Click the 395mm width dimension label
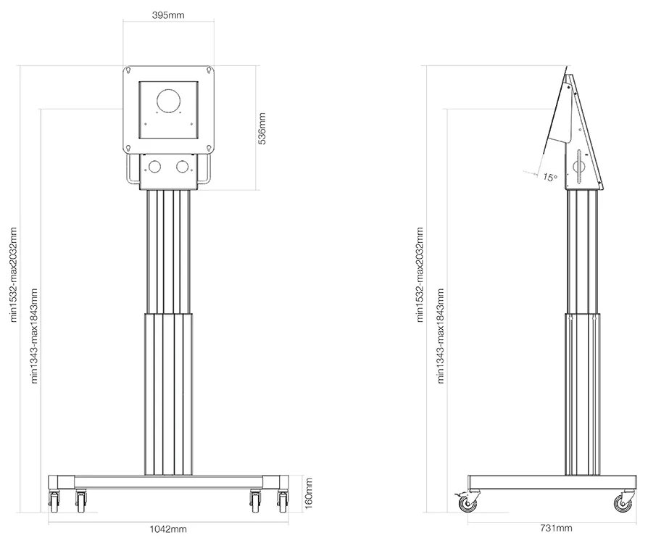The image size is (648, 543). [168, 15]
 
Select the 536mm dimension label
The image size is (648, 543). [263, 128]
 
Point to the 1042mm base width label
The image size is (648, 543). [168, 529]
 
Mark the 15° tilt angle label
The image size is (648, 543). [550, 175]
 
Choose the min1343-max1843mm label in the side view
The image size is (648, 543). [441, 334]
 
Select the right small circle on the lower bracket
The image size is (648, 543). [182, 167]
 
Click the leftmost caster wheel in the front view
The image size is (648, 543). [54, 498]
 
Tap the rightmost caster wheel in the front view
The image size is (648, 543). [282, 498]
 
